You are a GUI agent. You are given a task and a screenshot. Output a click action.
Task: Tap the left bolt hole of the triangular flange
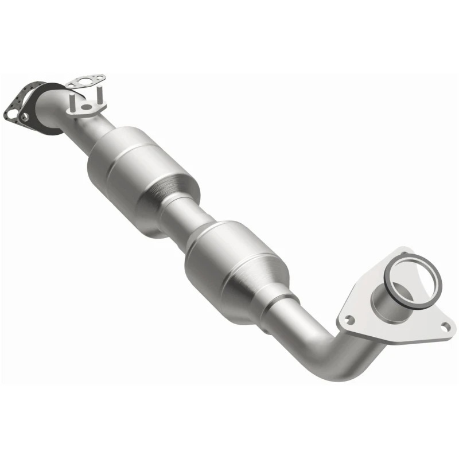point(347,317)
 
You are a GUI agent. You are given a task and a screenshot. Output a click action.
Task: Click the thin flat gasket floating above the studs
point(85,83)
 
